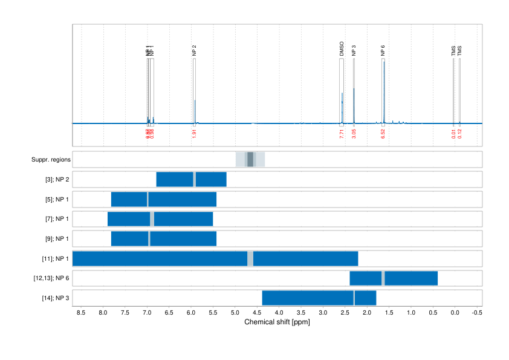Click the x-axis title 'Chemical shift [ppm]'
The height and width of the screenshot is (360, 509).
[277, 322]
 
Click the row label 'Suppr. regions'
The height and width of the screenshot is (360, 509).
[51, 160]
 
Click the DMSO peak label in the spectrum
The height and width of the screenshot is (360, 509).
[342, 49]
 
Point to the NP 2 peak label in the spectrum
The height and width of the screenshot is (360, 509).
[194, 51]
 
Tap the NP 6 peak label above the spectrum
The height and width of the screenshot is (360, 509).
[383, 51]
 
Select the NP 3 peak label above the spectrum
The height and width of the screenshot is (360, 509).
[354, 51]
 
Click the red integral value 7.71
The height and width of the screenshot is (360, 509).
[342, 134]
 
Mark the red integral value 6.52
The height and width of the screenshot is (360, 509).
[383, 134]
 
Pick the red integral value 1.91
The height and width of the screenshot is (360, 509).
[194, 134]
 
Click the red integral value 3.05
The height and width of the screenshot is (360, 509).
[354, 134]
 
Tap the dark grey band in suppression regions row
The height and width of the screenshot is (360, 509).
[250, 159]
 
